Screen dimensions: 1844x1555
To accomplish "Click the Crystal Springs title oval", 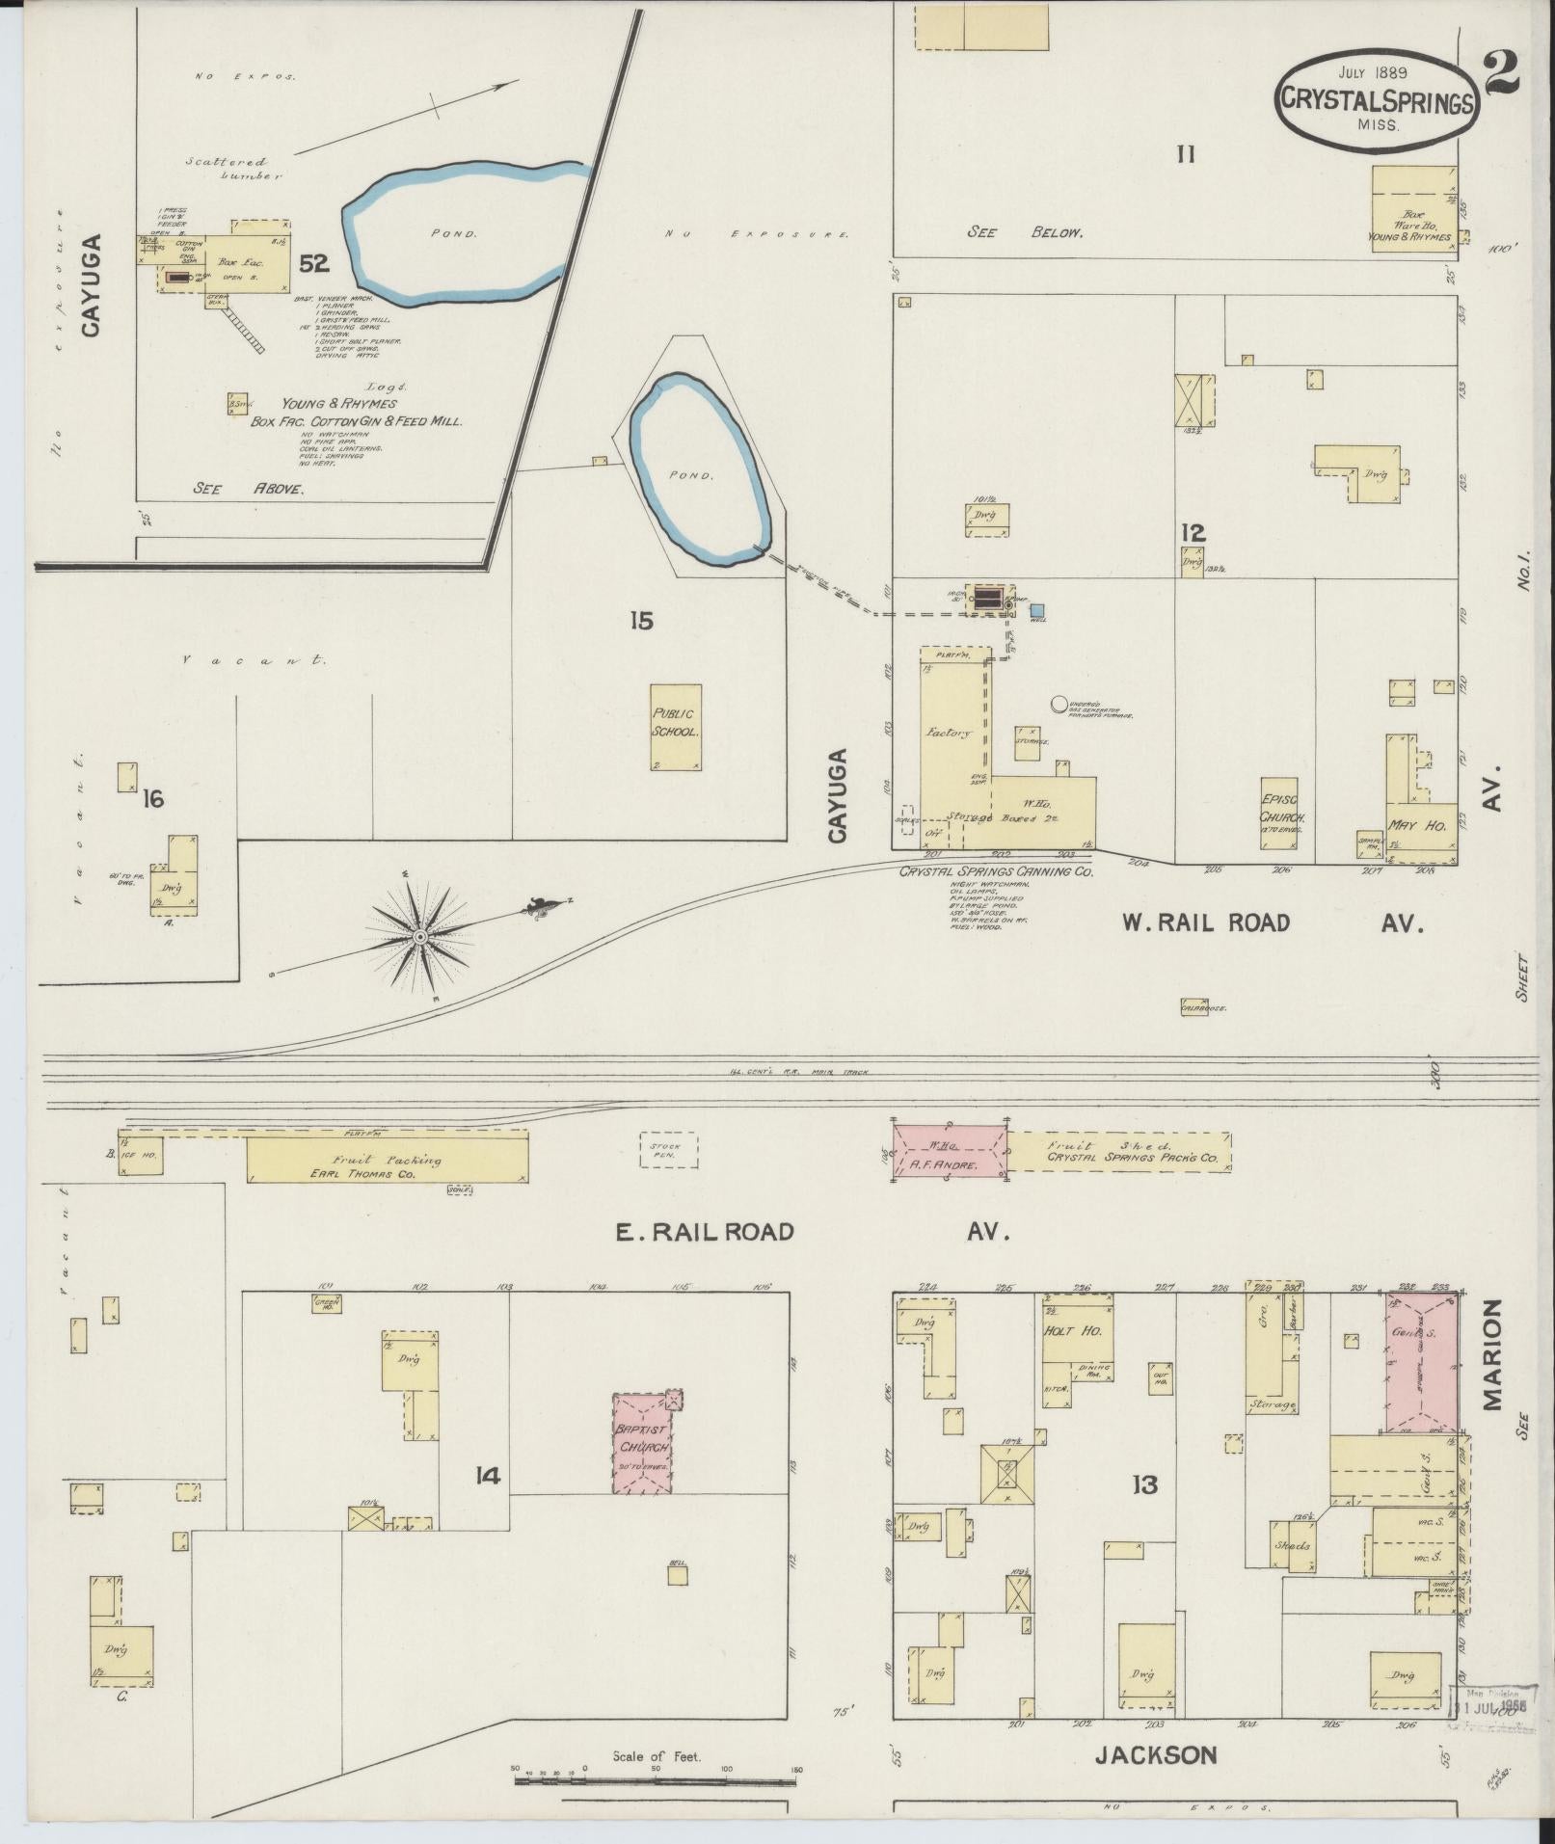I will tap(1376, 100).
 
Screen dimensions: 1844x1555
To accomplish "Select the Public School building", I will tap(675, 726).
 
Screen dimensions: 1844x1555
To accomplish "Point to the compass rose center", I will tap(420, 936).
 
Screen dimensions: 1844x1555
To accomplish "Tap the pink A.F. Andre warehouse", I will tap(951, 1151).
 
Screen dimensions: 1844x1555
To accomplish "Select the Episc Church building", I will tap(1280, 813).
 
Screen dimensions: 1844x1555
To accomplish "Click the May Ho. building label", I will tap(1408, 825).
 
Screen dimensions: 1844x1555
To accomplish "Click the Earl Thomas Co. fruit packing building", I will tap(387, 1160).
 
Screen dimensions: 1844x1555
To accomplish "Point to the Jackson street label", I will tap(1156, 1754).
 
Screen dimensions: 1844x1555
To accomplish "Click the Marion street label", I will tap(1492, 1354).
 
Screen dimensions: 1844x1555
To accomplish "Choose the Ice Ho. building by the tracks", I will tap(141, 1154).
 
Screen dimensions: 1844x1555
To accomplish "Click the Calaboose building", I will tap(1193, 1007).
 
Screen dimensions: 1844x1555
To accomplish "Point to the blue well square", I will tap(1037, 610).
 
